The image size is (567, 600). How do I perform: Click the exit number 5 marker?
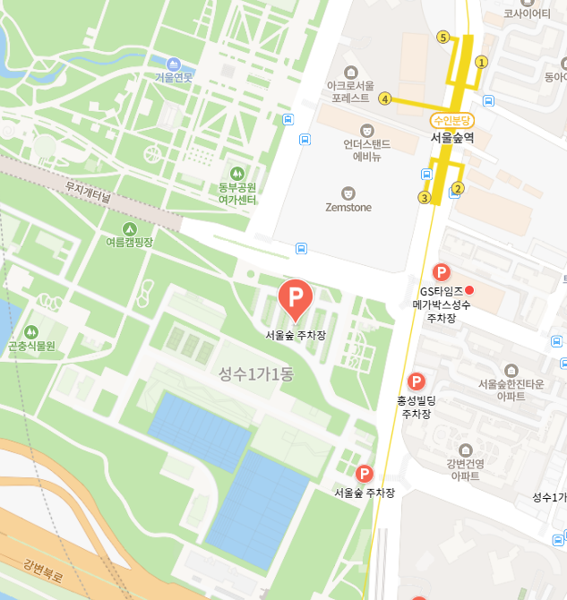(x=442, y=37)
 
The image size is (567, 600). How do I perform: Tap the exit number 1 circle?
(x=481, y=62)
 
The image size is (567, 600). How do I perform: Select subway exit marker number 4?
(x=385, y=99)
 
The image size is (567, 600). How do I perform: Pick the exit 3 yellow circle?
(x=425, y=197)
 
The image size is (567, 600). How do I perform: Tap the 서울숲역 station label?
(x=452, y=137)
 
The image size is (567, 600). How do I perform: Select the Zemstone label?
(x=348, y=208)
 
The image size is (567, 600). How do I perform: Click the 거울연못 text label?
(x=174, y=78)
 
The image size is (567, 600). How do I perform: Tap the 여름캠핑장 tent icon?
(x=130, y=228)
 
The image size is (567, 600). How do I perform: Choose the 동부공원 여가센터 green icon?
(x=237, y=172)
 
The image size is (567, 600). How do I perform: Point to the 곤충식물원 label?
(x=31, y=346)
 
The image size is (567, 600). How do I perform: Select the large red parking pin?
(x=295, y=296)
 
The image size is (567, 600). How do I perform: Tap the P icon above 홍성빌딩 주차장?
(x=416, y=382)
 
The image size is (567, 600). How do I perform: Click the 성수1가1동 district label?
(x=256, y=374)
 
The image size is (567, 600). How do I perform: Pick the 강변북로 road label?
(x=43, y=570)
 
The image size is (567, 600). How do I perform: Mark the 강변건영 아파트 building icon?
(x=466, y=450)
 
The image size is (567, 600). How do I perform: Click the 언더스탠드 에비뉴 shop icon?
(x=366, y=131)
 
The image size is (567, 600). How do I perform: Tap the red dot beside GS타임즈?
(x=469, y=290)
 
